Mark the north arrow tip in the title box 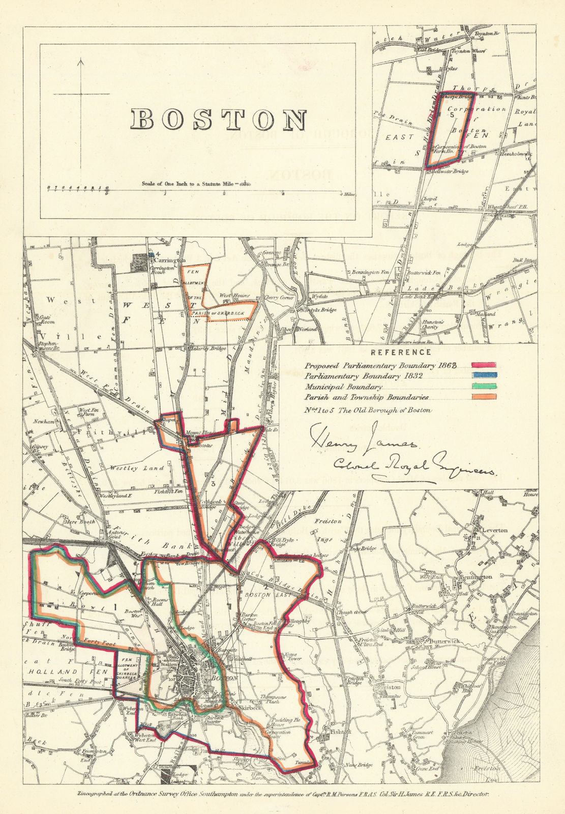pyautogui.click(x=80, y=61)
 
